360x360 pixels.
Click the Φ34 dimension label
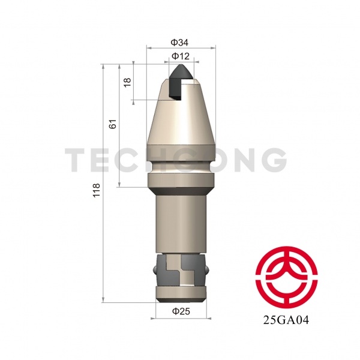click(179, 43)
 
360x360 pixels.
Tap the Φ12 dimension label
click(181, 56)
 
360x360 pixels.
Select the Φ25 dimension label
click(181, 311)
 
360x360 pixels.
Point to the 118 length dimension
click(96, 190)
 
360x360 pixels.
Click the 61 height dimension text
click(113, 124)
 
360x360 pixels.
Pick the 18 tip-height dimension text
click(127, 82)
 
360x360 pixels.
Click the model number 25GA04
click(286, 320)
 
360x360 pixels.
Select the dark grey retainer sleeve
click(181, 270)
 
